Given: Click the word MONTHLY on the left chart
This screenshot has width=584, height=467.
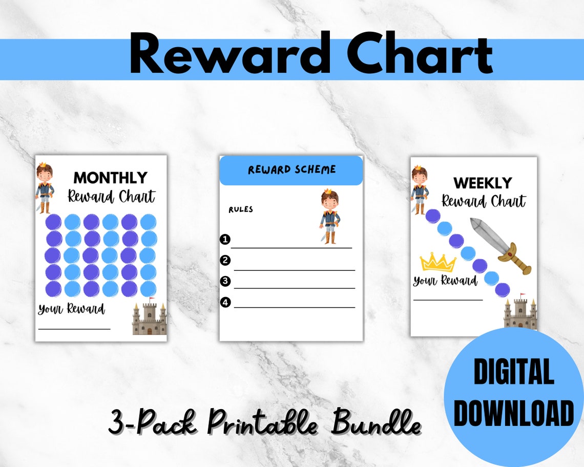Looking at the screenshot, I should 110,178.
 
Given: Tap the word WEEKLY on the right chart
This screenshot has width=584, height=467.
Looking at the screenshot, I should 482,183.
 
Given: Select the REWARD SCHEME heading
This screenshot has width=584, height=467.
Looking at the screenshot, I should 291,169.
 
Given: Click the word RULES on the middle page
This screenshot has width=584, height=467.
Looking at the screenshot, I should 241,209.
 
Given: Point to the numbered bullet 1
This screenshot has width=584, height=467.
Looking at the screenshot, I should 224,239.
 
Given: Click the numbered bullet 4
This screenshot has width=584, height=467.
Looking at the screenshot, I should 225,302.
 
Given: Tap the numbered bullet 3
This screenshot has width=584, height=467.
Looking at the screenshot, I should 225,281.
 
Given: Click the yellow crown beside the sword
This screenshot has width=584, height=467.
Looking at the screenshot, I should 437,262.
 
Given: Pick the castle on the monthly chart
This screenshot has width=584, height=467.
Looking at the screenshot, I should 149,319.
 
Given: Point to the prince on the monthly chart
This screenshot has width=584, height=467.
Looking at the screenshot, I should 44,188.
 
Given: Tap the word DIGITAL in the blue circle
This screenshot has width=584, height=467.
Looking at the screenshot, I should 513,373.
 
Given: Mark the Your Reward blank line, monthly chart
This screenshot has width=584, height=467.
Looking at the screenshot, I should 74,328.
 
